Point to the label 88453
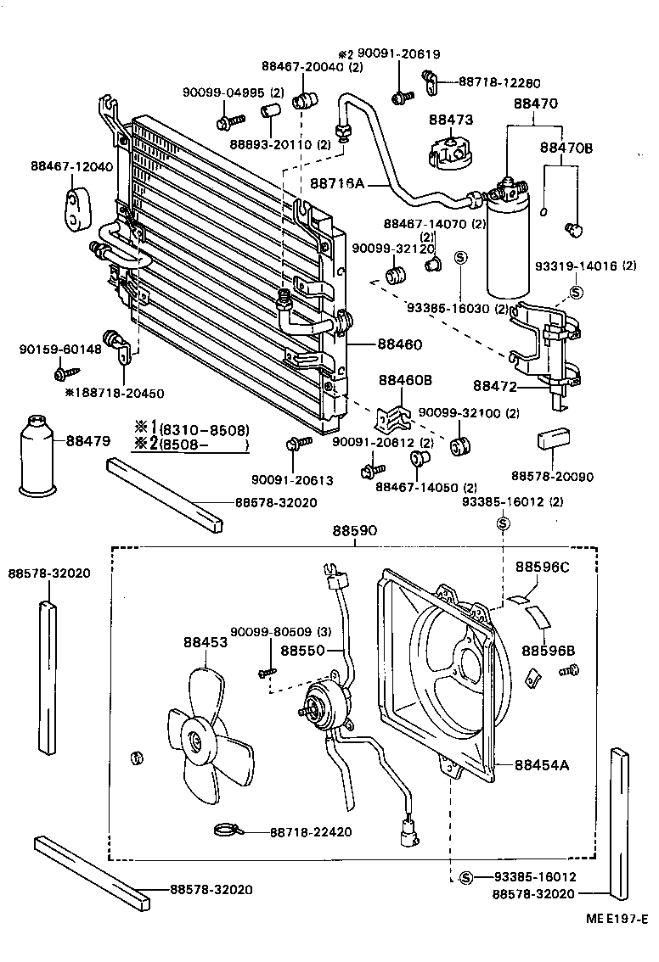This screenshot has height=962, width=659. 205,642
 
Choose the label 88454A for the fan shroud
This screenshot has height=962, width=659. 541,764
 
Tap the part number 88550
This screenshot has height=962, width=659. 303,651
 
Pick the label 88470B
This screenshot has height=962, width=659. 566,148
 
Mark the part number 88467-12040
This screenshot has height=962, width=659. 71,166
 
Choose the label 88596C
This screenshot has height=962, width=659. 544,566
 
